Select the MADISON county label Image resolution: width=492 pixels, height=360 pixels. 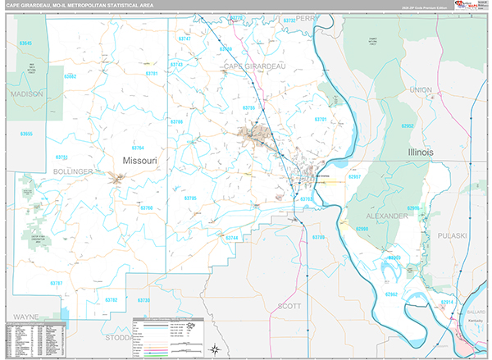(26, 94)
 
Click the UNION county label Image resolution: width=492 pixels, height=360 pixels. (421, 89)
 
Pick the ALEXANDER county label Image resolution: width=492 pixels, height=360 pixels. (385, 216)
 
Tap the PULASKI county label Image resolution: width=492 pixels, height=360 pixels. (451, 235)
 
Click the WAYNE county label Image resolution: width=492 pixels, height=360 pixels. (25, 316)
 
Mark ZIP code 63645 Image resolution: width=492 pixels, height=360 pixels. (25, 43)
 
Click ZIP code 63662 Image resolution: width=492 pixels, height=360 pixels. (70, 76)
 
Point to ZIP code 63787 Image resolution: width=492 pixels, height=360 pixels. (57, 283)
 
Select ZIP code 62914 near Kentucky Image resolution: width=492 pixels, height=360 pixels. (447, 302)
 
